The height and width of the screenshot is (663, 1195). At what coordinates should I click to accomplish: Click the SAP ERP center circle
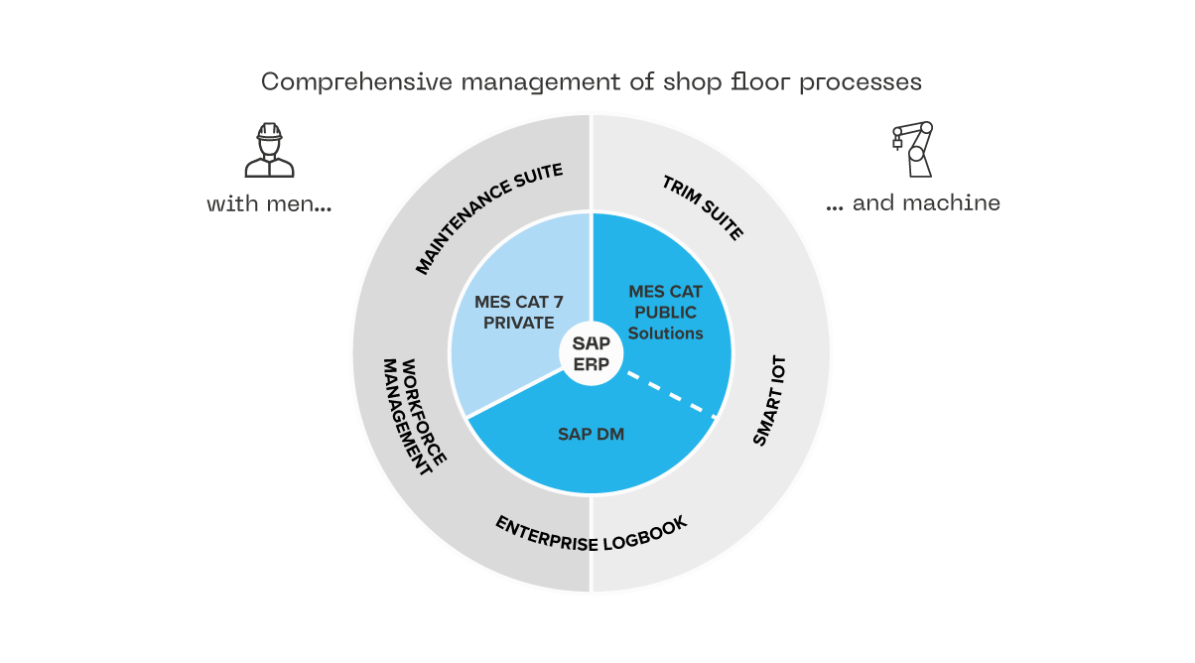(x=591, y=352)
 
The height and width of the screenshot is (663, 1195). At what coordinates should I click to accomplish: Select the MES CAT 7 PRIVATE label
(x=514, y=313)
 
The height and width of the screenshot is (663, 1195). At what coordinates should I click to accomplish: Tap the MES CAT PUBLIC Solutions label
(x=665, y=313)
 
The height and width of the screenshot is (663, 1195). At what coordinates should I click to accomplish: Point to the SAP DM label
(x=591, y=434)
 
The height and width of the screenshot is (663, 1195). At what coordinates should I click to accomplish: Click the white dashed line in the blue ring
(x=671, y=393)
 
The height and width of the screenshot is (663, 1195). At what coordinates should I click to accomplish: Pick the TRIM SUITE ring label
(x=702, y=207)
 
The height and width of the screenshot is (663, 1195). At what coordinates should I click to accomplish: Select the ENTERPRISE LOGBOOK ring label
(x=592, y=533)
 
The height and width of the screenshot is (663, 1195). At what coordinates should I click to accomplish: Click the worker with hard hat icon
(x=269, y=150)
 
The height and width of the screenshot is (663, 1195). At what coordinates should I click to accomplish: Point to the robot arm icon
(x=913, y=149)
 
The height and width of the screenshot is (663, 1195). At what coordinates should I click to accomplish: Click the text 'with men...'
(x=268, y=204)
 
